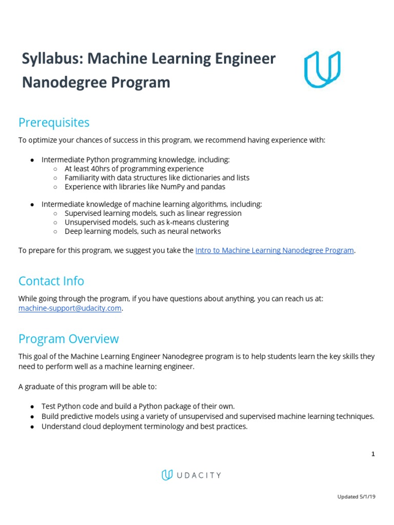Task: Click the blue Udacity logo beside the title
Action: tap(322, 69)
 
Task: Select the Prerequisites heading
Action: tap(54, 123)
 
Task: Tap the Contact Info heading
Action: tap(51, 281)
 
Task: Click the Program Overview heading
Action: tap(68, 339)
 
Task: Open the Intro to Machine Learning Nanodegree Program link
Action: tap(274, 250)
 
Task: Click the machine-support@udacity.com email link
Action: tap(70, 308)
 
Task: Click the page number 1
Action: tap(373, 454)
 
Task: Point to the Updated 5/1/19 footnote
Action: tap(356, 496)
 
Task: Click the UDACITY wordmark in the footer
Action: tap(198, 475)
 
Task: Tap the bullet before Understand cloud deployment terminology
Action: tap(32, 426)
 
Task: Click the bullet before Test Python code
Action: tap(32, 406)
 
